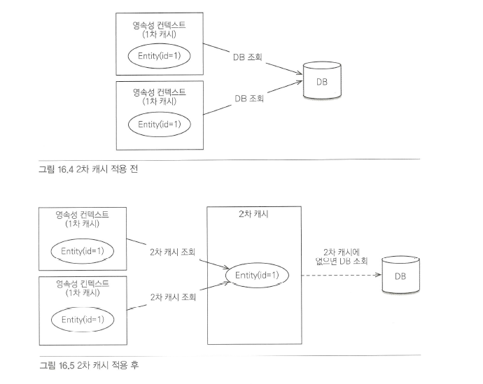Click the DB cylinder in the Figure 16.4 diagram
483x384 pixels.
click(320, 81)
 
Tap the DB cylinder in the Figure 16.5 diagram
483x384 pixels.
click(400, 276)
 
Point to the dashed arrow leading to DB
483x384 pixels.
click(339, 275)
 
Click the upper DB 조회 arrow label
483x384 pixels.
click(248, 57)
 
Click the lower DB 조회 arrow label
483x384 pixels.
click(248, 99)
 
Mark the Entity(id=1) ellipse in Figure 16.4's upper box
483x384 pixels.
click(159, 55)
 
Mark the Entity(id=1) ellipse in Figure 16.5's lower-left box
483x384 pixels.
click(82, 319)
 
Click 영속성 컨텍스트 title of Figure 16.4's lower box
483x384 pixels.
click(159, 92)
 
